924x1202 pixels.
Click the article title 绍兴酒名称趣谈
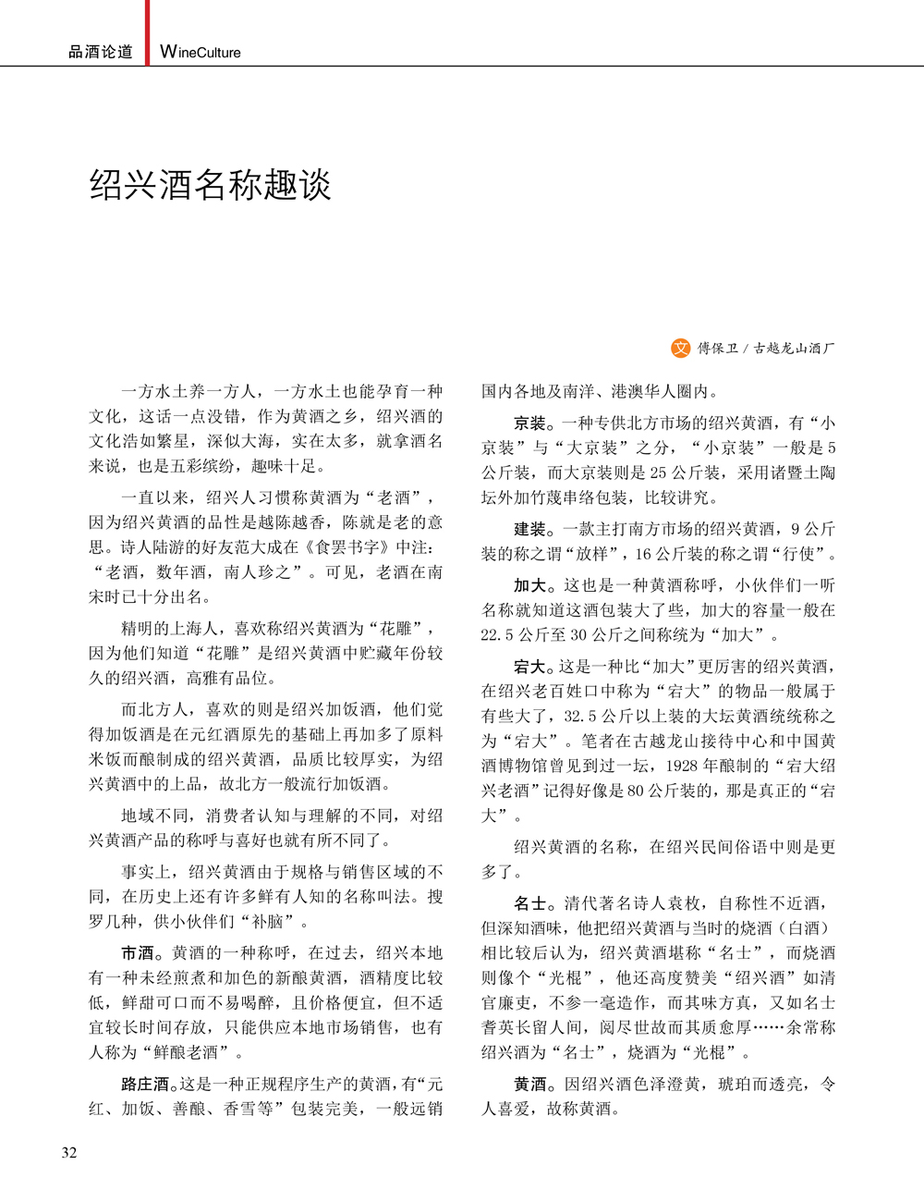point(210,185)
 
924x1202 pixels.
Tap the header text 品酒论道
point(101,53)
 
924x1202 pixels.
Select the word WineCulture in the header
point(201,53)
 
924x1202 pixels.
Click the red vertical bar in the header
point(147,31)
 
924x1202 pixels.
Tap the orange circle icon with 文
point(680,348)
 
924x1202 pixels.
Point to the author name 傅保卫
point(718,349)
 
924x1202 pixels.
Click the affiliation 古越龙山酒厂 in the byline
point(794,349)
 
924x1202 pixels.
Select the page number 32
point(69,1152)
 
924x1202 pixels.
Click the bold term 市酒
point(138,952)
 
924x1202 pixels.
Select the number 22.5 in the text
point(500,635)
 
